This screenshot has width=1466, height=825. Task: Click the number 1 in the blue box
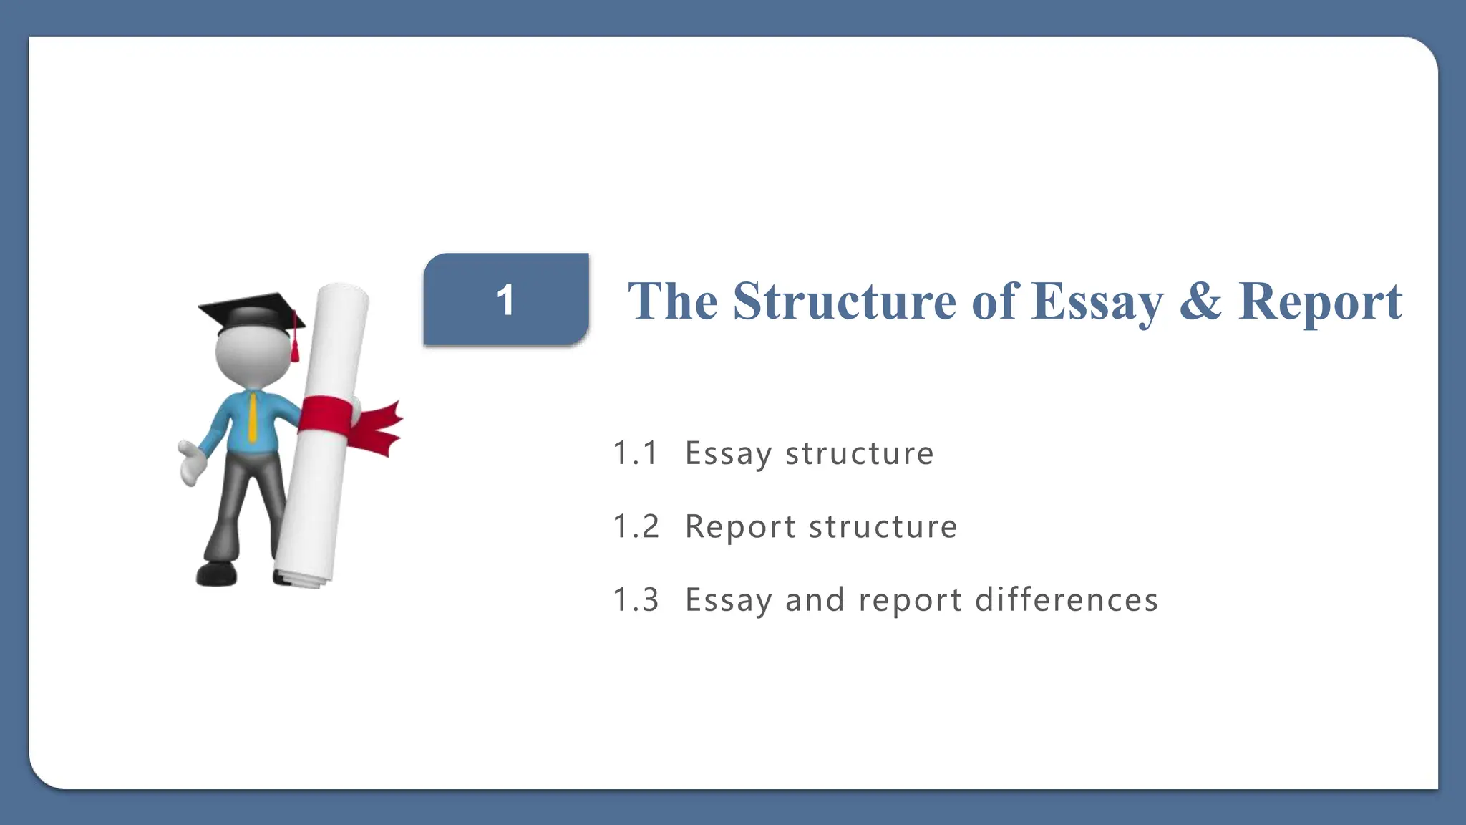505,300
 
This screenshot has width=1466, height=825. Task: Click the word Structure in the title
845,301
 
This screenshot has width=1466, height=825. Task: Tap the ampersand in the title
1200,301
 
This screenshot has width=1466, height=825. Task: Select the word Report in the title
1320,302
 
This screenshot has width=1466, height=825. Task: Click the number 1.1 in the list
636,453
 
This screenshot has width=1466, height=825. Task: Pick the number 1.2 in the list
636,527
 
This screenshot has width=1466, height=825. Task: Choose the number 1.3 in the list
636,600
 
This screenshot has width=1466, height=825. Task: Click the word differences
1066,600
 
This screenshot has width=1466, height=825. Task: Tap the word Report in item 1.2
740,527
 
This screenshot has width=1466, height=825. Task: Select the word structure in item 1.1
859,453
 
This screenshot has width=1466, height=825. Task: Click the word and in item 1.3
815,600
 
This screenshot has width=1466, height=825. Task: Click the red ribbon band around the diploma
326,415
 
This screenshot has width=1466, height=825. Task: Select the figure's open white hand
190,462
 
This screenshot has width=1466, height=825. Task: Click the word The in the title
672,301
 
